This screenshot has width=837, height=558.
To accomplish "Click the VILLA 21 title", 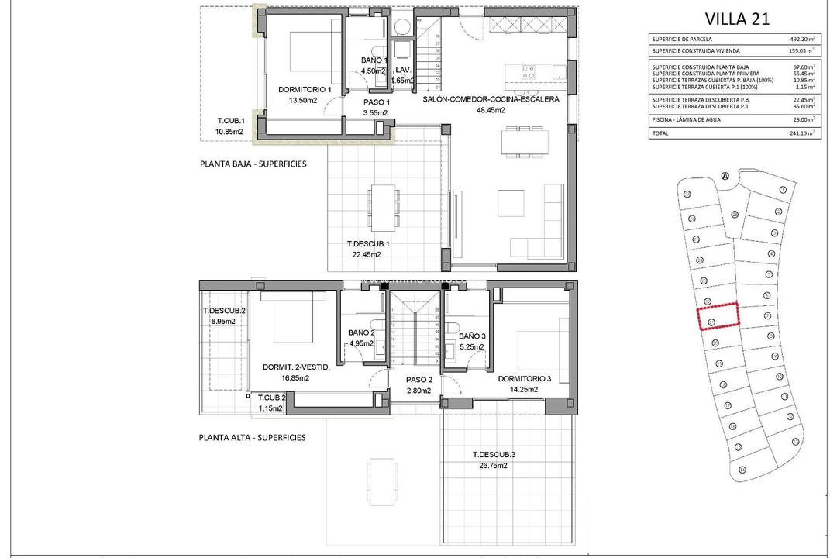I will coord(737,20).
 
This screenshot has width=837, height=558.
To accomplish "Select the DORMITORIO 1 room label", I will coord(305,89).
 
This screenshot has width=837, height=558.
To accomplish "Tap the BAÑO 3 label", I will coord(471,336).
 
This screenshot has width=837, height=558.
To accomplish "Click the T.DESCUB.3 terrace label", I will coord(494,454).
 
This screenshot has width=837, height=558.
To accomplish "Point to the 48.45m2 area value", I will coord(491,110).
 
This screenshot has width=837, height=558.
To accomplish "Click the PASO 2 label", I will coord(418,380).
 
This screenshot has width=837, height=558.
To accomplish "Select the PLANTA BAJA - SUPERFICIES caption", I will coord(253,164).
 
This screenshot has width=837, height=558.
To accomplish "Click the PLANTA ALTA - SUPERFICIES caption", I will coord(252,437).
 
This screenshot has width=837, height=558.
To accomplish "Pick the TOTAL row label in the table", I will coord(660,133).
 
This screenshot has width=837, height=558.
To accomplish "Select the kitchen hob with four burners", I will coord(528,72).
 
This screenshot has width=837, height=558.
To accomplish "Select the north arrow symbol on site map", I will coord(725,176).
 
